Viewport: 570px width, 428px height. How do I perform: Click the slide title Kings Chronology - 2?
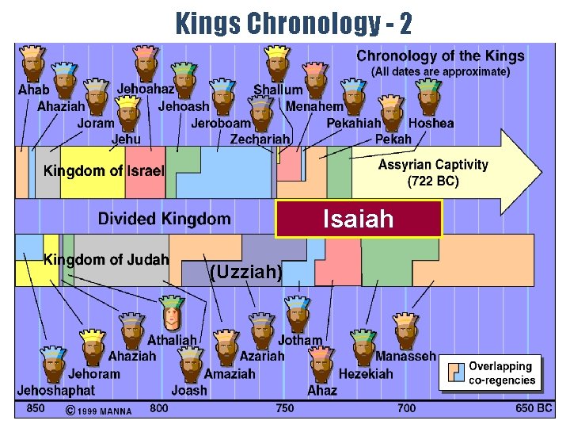[x=294, y=23]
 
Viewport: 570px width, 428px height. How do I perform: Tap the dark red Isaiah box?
[x=358, y=219]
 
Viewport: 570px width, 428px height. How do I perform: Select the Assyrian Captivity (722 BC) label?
[x=433, y=172]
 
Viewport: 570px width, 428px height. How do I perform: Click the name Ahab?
[x=33, y=90]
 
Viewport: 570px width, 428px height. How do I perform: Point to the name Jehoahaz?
[x=146, y=90]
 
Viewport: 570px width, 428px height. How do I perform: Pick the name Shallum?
[x=278, y=90]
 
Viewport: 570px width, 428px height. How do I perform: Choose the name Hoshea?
[x=431, y=123]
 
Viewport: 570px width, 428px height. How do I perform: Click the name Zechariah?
[x=260, y=139]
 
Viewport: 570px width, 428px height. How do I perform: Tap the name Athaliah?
[x=172, y=340]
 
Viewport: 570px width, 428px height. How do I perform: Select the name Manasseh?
[x=405, y=357]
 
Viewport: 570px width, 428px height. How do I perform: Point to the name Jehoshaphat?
[x=55, y=390]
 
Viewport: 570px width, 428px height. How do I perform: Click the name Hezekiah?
[x=366, y=373]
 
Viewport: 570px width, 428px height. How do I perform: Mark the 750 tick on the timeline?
[x=284, y=408]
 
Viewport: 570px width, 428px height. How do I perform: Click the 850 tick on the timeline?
[x=36, y=408]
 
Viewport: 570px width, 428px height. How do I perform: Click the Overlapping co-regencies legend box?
[x=491, y=373]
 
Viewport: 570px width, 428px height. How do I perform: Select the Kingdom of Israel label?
[x=104, y=170]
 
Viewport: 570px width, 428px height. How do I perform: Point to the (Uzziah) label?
[x=245, y=273]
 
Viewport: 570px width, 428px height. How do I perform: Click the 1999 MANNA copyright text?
[x=98, y=410]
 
